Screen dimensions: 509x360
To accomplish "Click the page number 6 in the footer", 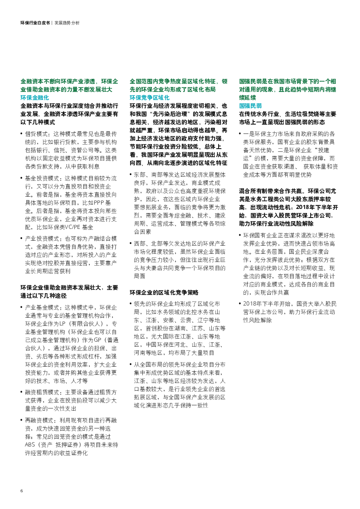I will pos(21,491).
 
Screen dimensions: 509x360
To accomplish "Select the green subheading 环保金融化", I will pos(34,97).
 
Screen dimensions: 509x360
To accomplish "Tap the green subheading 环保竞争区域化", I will pos(146,97).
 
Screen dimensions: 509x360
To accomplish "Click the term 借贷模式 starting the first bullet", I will pos(36,134).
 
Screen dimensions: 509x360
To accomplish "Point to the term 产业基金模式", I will pos(39,307).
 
